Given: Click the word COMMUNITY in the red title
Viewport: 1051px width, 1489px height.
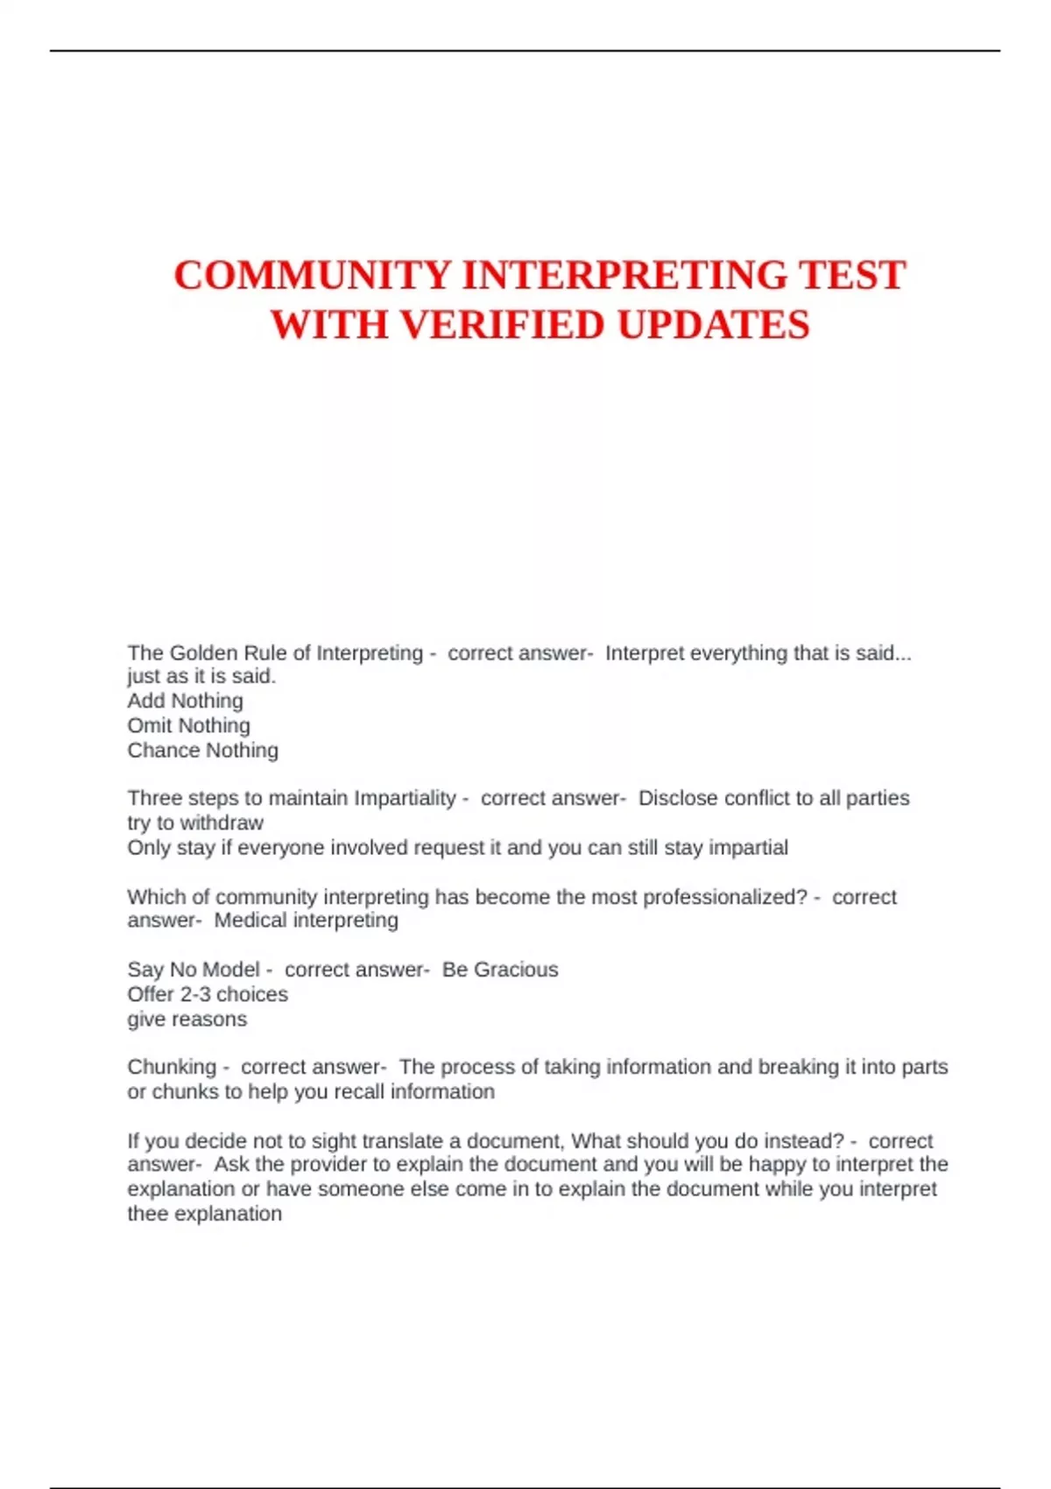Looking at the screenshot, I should coord(312,275).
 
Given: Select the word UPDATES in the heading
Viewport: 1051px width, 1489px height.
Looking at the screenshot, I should coord(713,325).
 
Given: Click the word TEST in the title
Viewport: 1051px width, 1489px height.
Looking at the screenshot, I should coord(851,275).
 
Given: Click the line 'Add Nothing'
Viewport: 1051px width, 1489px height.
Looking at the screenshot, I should coord(185,701).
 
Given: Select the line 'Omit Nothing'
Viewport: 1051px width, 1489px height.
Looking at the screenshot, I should coord(188,725).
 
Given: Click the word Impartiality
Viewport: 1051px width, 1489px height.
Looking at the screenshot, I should coord(405,798).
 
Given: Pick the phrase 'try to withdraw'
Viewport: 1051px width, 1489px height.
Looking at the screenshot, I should coord(195,822).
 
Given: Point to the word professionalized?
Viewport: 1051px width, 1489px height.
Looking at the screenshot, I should coord(725,897).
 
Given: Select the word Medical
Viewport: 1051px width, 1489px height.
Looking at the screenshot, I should coord(250,921).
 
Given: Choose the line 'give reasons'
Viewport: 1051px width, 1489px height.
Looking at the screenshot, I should coord(187,1020).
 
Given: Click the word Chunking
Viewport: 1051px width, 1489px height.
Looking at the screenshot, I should coord(172,1067).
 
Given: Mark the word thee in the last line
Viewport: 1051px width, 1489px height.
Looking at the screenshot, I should coord(145,1214).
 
